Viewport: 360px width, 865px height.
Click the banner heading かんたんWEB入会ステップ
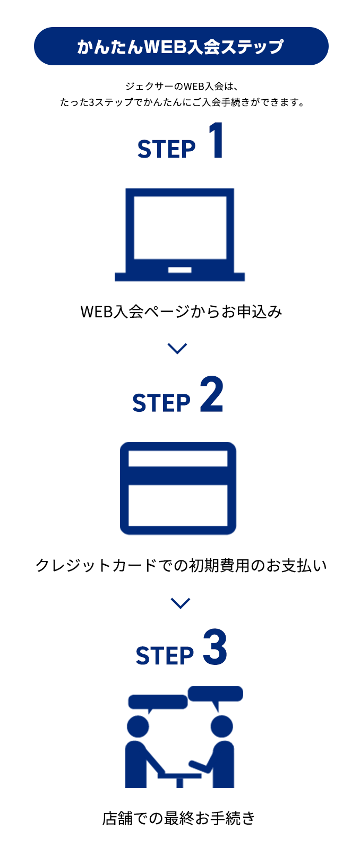(x=181, y=47)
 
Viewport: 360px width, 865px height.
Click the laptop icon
(x=179, y=233)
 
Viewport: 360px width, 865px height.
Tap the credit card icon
(x=178, y=488)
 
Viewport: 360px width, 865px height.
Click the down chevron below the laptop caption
(x=177, y=348)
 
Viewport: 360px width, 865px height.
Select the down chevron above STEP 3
(x=181, y=603)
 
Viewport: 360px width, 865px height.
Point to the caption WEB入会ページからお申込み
(x=181, y=312)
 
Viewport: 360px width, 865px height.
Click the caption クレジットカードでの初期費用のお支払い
(x=181, y=565)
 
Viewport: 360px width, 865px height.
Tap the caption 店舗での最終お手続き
(x=179, y=818)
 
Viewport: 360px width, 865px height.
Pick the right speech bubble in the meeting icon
(x=216, y=694)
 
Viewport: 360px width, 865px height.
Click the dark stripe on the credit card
(x=178, y=475)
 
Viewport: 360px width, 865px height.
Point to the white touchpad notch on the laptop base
(x=179, y=270)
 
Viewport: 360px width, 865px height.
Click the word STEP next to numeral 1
(x=166, y=149)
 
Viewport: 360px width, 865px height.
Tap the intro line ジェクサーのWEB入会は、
(x=181, y=86)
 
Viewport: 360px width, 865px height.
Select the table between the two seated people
(x=179, y=776)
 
